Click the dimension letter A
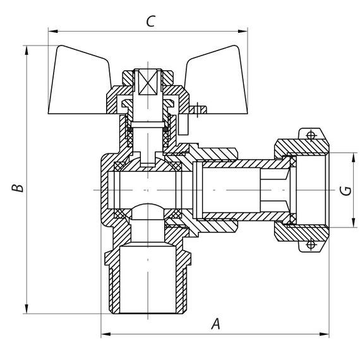(215, 325)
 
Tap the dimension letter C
(150, 21)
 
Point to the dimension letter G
(344, 190)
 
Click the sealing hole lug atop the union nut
(310, 135)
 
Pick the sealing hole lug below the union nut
(310, 245)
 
